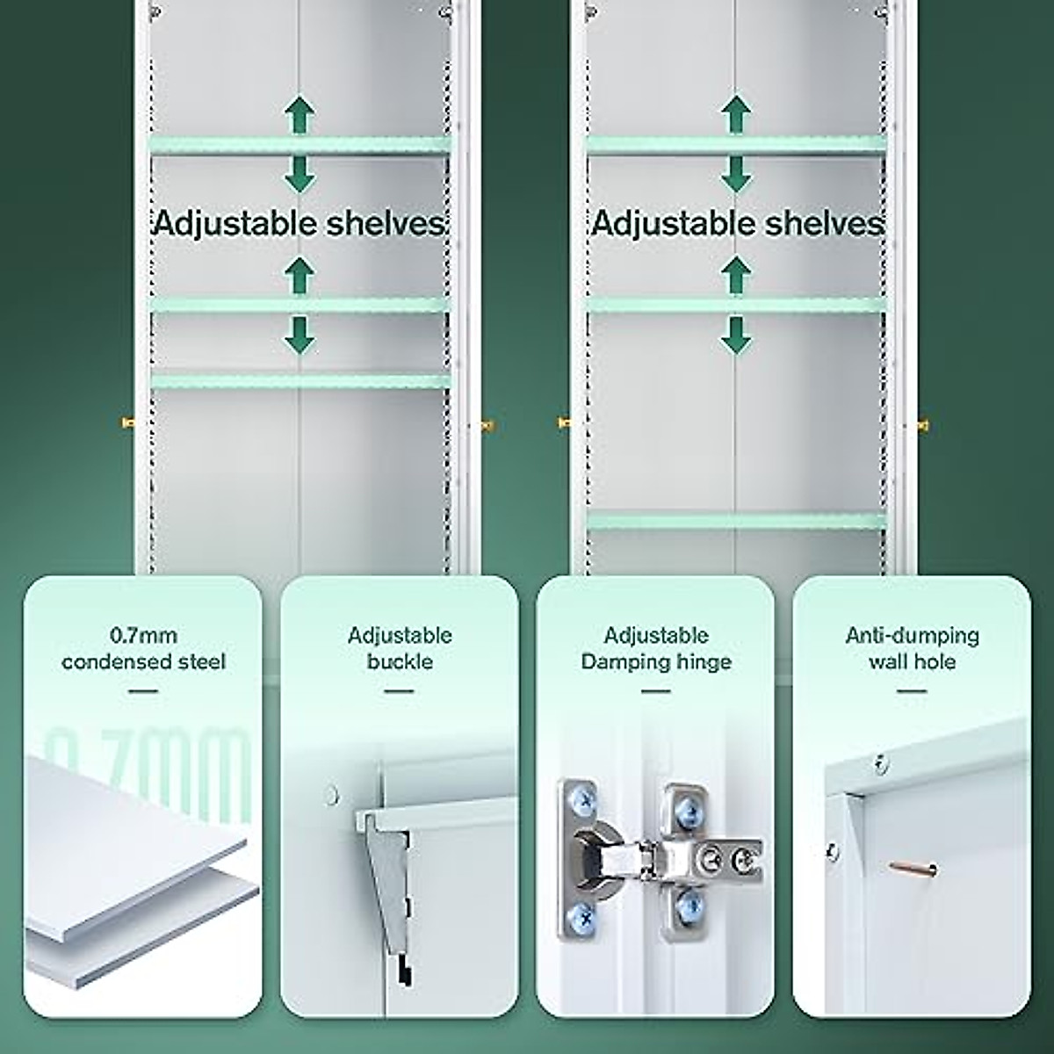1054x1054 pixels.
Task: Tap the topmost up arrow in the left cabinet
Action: tap(300, 114)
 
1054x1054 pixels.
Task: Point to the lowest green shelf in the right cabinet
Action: tap(736, 521)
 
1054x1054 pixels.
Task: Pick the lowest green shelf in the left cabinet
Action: tap(300, 380)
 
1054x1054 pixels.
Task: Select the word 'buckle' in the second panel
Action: tap(400, 661)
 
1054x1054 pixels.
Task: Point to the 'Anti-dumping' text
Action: tap(912, 634)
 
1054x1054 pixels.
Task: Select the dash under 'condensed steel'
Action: tap(143, 691)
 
